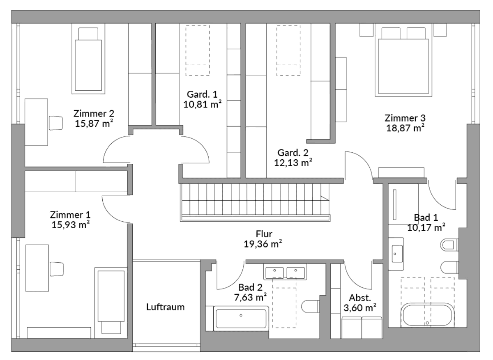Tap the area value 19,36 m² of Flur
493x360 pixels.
tap(263, 244)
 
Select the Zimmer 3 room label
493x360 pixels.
tap(405, 118)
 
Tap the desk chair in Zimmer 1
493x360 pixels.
tap(56, 269)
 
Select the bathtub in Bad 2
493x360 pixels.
tap(241, 317)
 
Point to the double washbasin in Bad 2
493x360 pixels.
tap(285, 273)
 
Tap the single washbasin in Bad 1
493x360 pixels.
tap(396, 255)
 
